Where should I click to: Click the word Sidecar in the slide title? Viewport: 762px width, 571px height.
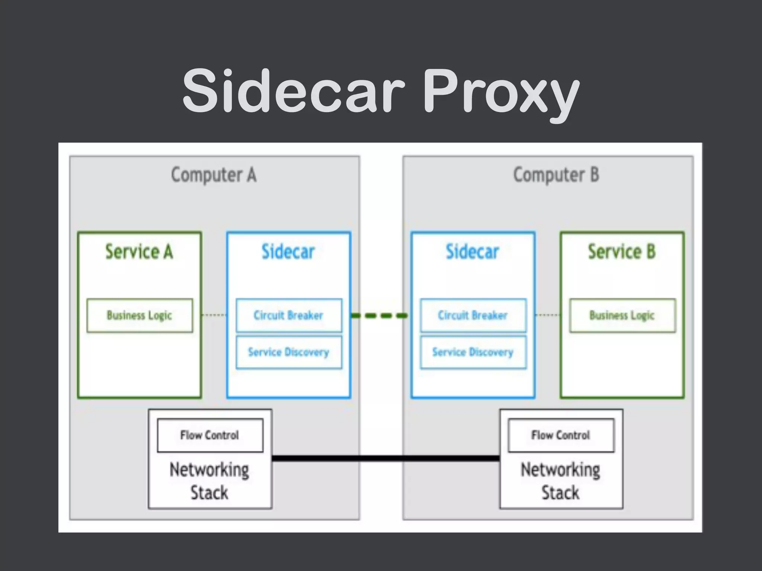coord(293,91)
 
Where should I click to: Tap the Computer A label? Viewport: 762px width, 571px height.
coord(214,175)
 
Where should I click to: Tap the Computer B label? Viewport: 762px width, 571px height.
coord(556,175)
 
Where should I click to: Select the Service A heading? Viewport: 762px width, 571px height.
coord(139,252)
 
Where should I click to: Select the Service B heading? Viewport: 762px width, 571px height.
coord(621,252)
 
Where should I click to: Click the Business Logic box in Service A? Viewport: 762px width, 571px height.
coord(140,315)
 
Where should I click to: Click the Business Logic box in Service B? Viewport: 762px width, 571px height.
coord(622,315)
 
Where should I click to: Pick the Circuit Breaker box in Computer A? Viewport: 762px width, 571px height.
coord(288,315)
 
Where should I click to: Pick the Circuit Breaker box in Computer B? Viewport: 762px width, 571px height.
coord(473,315)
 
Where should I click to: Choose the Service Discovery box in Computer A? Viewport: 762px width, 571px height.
coord(288,352)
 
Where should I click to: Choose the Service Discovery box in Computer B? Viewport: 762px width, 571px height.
coord(473,352)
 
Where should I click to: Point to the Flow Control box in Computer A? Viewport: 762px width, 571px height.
coord(210,435)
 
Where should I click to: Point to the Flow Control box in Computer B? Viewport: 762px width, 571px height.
coord(561,435)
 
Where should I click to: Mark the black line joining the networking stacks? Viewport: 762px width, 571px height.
coord(385,458)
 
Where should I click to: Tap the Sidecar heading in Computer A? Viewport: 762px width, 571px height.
coord(288,252)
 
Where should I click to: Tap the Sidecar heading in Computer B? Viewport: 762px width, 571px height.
coord(472,252)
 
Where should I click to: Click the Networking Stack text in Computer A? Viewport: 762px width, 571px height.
coord(209,481)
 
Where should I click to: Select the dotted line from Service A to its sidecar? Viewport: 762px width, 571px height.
coord(214,315)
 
